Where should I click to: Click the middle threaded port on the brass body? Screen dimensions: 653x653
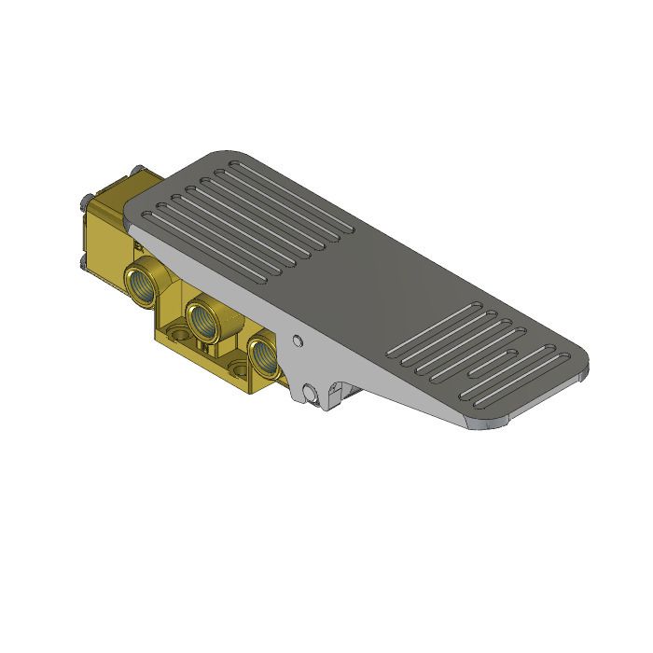click(x=201, y=318)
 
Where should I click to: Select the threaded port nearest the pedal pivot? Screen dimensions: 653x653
click(x=262, y=355)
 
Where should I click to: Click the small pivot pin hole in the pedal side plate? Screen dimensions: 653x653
click(x=297, y=340)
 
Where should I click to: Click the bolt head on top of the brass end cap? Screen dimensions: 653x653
click(x=136, y=170)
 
